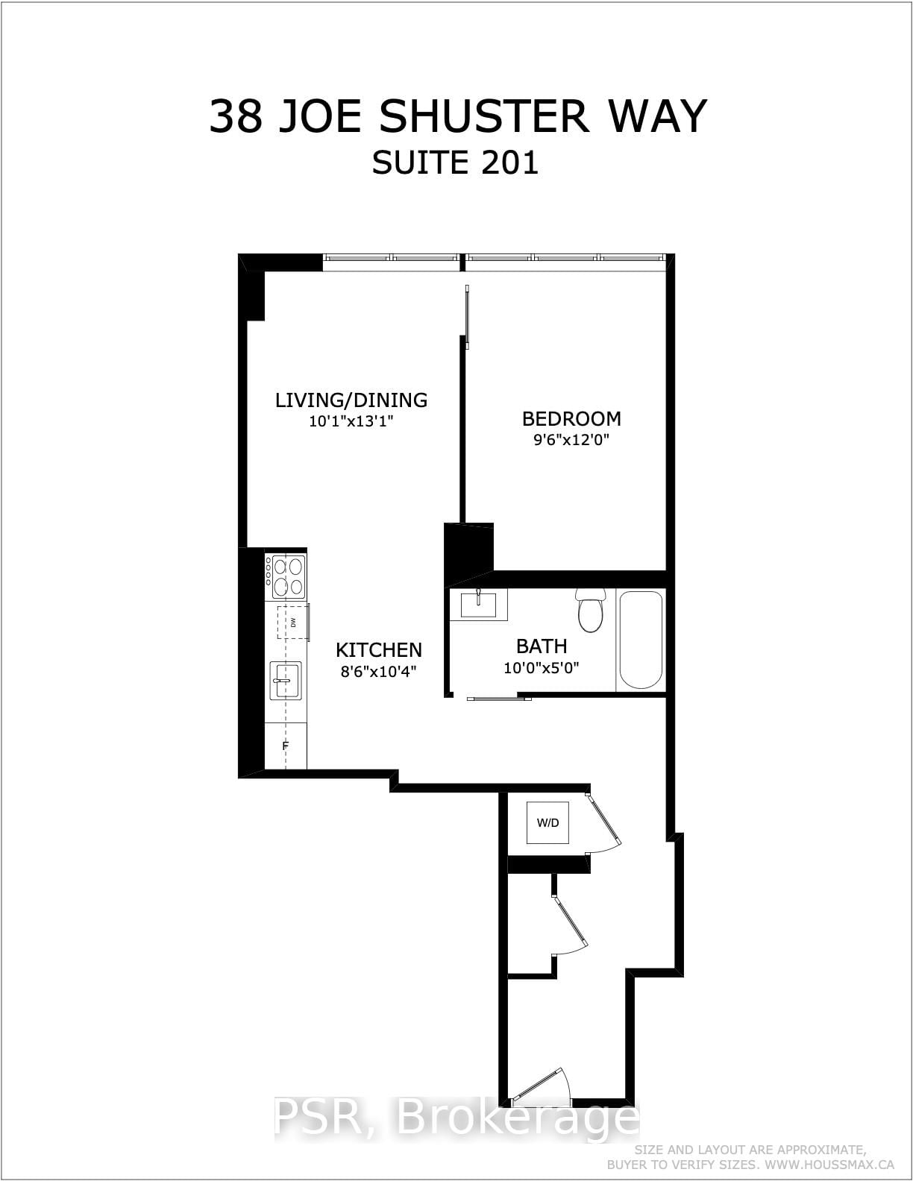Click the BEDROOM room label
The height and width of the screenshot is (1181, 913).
pos(571,418)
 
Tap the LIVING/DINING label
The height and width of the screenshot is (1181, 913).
pos(351,400)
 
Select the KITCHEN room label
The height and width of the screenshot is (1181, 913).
pos(378,649)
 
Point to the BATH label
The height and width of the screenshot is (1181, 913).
pos(542,646)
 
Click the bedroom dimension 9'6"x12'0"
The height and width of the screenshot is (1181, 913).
pos(571,440)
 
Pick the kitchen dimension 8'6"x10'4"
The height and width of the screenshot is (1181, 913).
pos(378,670)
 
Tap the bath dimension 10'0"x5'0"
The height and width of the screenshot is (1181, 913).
pos(542,667)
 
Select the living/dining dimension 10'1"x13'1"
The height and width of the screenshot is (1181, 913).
pos(351,421)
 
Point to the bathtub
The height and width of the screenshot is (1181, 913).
pos(641,640)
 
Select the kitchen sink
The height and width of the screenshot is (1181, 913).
pos(285,680)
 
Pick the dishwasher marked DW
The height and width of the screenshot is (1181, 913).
pos(292,622)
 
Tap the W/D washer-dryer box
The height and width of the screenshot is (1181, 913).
pos(548,823)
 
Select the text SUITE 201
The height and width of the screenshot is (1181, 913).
pos(455,163)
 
